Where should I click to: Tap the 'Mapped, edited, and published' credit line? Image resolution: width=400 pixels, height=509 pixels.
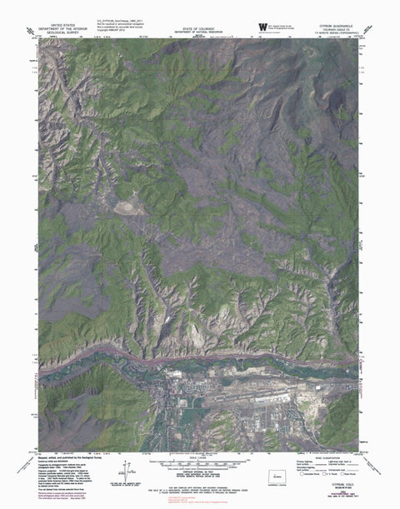[x=62, y=457]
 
